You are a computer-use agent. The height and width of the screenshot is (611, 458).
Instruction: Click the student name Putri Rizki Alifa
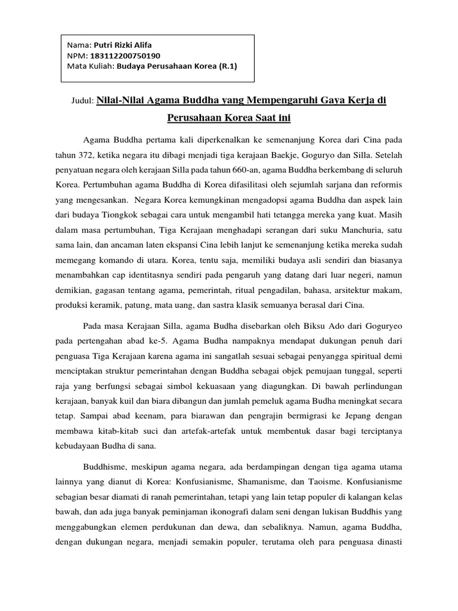click(x=126, y=45)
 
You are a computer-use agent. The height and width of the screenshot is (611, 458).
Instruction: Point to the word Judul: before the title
click(x=83, y=102)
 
